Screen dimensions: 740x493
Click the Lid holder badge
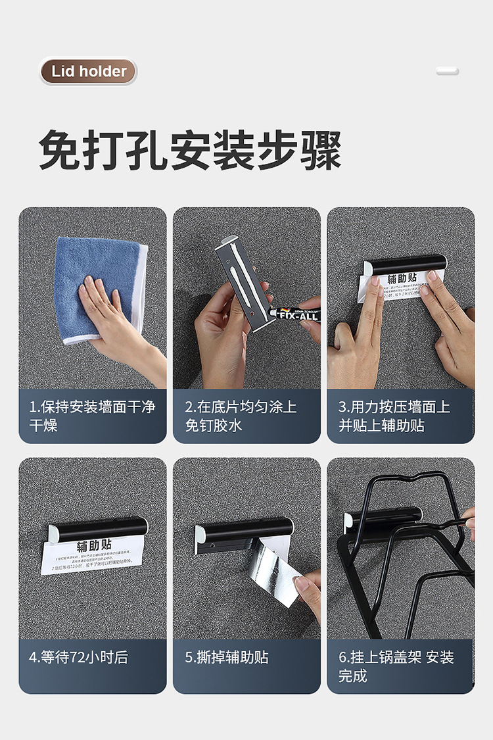click(x=88, y=71)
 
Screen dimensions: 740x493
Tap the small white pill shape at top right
click(x=448, y=71)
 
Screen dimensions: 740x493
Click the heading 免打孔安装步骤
click(x=190, y=151)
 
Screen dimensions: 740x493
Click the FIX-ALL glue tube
click(x=294, y=314)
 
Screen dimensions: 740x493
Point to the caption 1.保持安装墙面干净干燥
click(x=92, y=416)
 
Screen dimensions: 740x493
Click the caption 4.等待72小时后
click(x=78, y=656)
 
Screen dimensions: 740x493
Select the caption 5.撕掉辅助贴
click(x=227, y=656)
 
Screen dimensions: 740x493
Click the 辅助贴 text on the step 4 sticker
click(x=94, y=545)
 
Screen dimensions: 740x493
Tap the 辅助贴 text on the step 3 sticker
click(x=402, y=278)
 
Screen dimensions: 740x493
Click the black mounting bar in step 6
click(x=385, y=517)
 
